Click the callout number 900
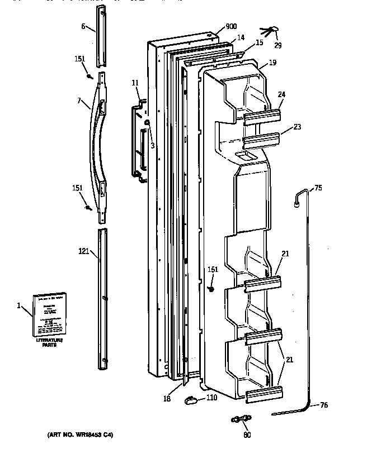[x=231, y=26]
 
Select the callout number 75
[x=318, y=188]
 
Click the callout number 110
[x=211, y=398]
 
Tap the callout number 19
[x=272, y=64]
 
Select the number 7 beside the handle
[x=81, y=102]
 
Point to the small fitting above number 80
[x=241, y=418]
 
